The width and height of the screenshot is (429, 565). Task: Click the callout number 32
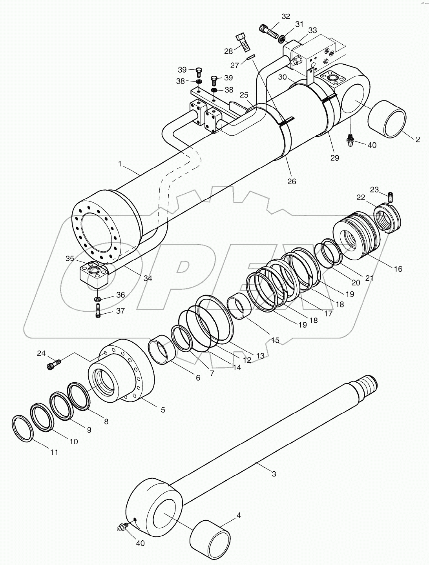[x=286, y=16]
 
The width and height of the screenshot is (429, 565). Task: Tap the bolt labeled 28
[x=243, y=42]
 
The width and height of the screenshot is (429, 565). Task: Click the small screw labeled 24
[x=54, y=365]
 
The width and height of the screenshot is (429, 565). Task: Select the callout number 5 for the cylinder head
[x=162, y=410]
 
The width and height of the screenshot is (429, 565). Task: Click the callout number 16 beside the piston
[x=398, y=269]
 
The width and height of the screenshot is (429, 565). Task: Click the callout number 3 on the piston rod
[x=274, y=474]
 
